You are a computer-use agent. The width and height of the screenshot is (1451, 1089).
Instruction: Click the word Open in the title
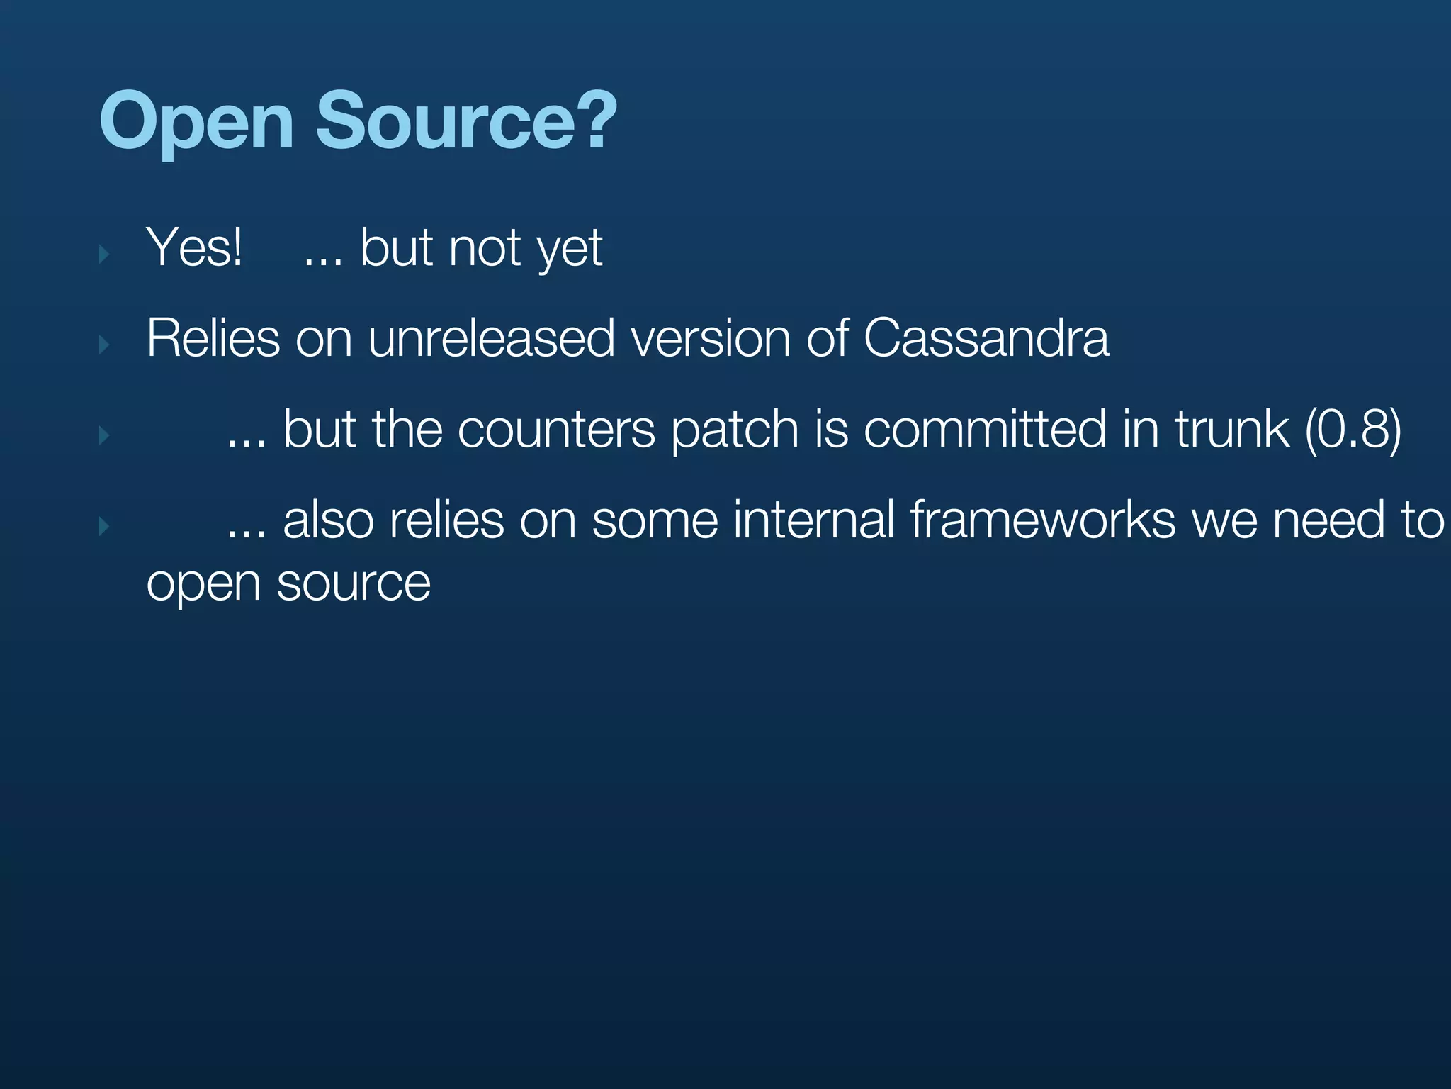pos(196,122)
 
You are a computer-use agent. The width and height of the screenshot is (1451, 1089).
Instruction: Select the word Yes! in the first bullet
pos(194,247)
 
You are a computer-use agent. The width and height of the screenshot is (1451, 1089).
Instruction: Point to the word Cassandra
pos(986,338)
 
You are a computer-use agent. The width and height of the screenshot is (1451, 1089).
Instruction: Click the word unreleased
pos(490,338)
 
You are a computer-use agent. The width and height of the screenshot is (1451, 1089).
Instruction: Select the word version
pos(710,338)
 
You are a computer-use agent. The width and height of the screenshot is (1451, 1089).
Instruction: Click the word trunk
pos(1231,430)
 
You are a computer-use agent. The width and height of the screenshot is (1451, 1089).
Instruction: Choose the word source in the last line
pos(353,584)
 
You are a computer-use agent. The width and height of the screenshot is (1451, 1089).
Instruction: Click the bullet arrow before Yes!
pos(104,254)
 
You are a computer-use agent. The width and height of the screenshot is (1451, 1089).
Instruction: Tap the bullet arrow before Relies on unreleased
pos(104,345)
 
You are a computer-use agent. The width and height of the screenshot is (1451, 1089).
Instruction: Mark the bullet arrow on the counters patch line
pos(104,435)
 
